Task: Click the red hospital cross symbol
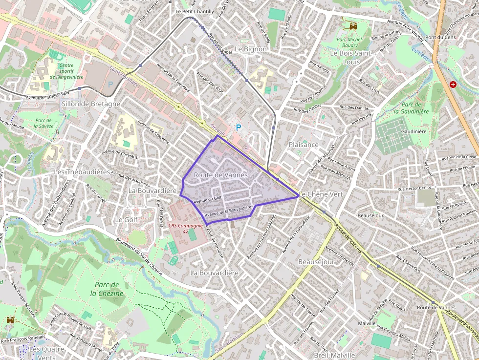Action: [x=453, y=85]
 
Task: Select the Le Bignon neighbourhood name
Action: [x=251, y=49]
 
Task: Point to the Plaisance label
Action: [x=303, y=145]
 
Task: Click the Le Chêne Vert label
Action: [x=321, y=194]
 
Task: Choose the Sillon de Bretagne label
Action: [x=91, y=104]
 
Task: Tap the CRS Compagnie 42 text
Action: [x=185, y=228]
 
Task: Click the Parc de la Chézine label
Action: [x=107, y=289]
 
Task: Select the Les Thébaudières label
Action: [x=82, y=172]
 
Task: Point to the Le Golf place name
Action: [x=126, y=220]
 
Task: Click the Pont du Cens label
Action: [x=440, y=38]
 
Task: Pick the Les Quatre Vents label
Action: [x=46, y=353]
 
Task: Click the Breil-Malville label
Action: [x=334, y=355]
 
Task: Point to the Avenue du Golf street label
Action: [x=208, y=199]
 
